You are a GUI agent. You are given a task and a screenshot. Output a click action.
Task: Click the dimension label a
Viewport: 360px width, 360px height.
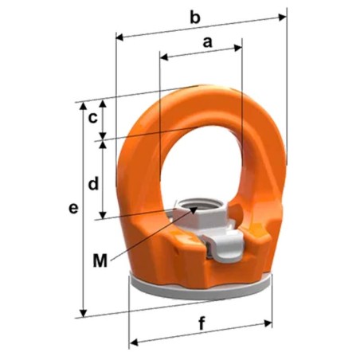tap(208, 43)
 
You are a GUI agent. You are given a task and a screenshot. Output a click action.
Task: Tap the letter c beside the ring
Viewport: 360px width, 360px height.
tap(93, 118)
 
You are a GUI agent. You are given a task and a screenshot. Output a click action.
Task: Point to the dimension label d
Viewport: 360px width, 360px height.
tap(93, 184)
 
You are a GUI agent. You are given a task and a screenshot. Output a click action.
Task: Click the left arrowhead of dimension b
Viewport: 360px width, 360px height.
tap(119, 36)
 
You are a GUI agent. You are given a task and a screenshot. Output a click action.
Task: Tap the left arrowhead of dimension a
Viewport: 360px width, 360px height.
tap(162, 56)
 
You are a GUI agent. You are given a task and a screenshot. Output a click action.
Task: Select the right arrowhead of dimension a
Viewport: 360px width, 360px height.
tap(240, 47)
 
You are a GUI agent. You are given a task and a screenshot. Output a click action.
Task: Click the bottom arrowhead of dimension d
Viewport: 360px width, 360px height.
tap(103, 217)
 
